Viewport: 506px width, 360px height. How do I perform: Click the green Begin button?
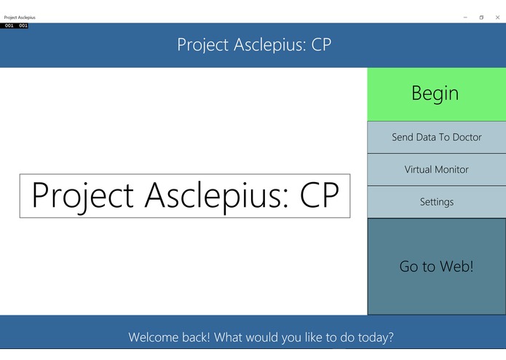click(435, 94)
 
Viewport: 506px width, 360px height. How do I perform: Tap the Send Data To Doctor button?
click(436, 137)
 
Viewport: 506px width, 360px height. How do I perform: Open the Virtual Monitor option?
click(436, 170)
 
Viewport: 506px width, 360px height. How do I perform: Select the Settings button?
click(436, 202)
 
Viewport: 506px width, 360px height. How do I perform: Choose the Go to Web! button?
click(436, 267)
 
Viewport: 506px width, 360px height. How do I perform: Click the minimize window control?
click(465, 17)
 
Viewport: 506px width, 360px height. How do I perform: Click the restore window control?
click(481, 17)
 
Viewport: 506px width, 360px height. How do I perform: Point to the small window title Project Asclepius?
click(20, 17)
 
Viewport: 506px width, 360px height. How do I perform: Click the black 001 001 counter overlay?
click(15, 26)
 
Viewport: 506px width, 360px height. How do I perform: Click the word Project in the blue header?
click(202, 45)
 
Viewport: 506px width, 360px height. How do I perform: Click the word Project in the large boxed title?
click(82, 196)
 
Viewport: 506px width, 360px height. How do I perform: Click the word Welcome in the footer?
click(154, 338)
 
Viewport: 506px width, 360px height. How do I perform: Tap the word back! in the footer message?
click(199, 338)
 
